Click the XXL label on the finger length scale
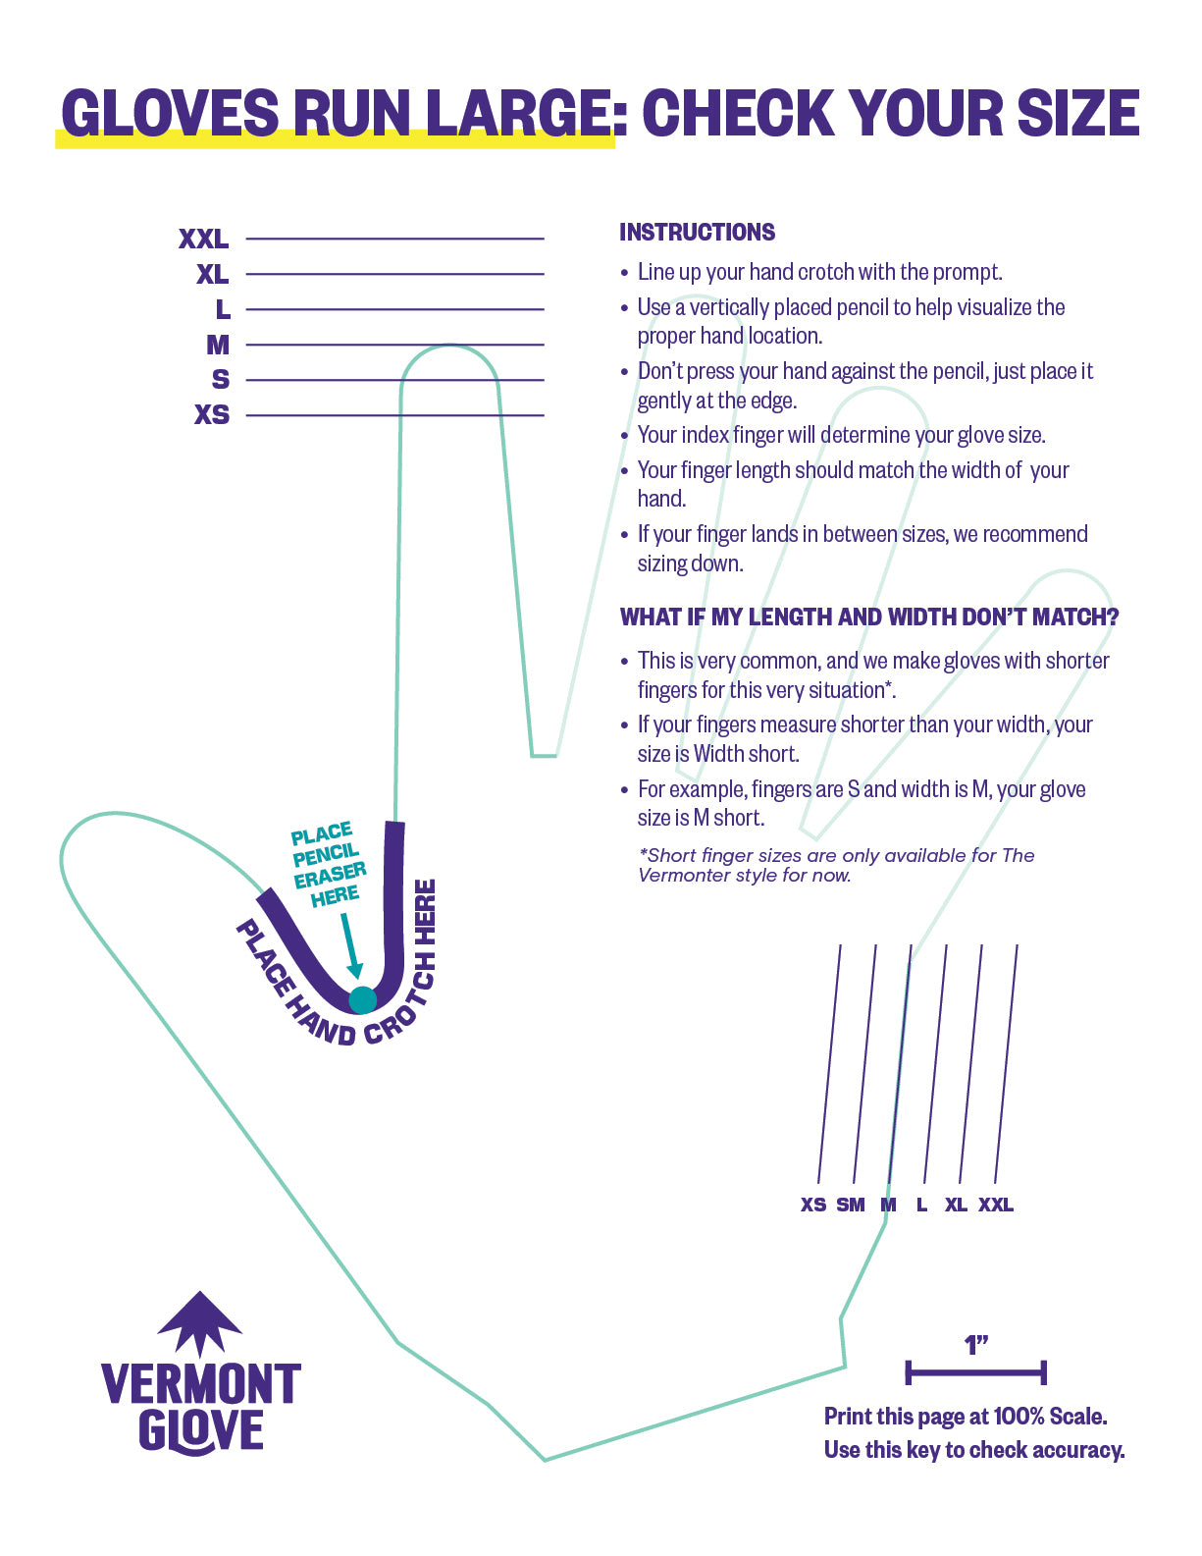(x=203, y=239)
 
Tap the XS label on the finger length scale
(x=212, y=414)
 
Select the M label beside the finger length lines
(x=218, y=345)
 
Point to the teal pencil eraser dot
(x=362, y=999)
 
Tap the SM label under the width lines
(x=851, y=1205)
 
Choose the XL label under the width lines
(x=956, y=1205)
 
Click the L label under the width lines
(x=921, y=1205)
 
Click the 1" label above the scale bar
(x=975, y=1345)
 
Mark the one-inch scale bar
(x=975, y=1372)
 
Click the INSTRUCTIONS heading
(x=697, y=233)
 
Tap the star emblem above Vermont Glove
(x=200, y=1323)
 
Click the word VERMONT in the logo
(x=201, y=1384)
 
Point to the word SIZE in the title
(x=1077, y=113)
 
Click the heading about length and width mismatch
(x=869, y=617)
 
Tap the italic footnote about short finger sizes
(x=836, y=865)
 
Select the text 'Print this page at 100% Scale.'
(x=966, y=1417)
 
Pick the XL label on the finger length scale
(x=212, y=274)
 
